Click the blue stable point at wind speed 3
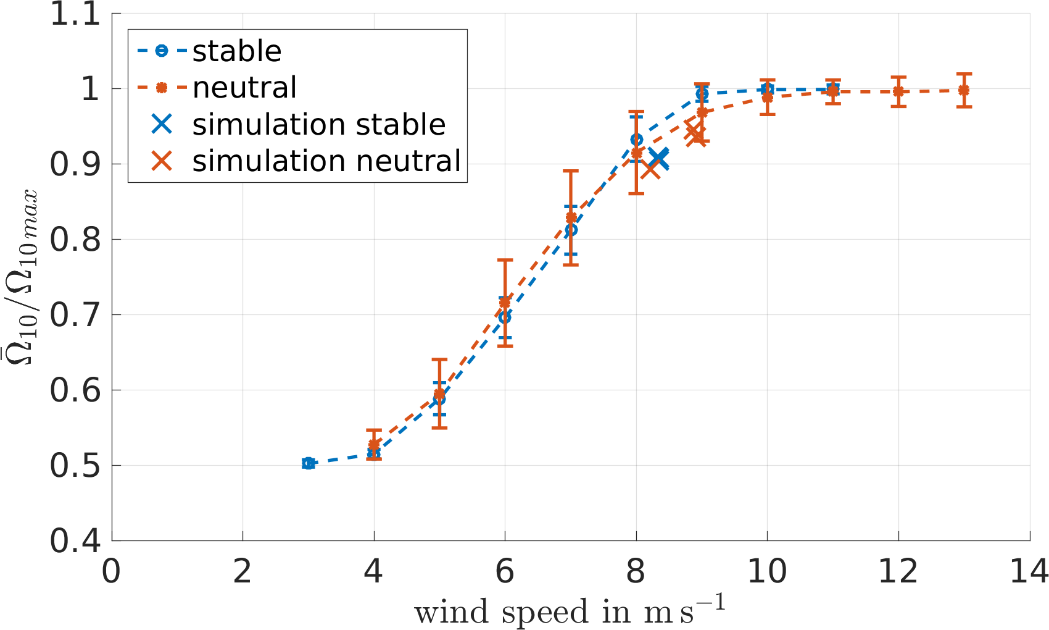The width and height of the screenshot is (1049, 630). (309, 463)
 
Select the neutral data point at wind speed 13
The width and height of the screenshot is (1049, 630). (964, 90)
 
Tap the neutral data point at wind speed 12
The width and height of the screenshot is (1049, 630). (898, 91)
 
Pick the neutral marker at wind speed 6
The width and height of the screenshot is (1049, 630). (505, 302)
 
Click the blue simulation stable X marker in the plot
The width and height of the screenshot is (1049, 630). (659, 159)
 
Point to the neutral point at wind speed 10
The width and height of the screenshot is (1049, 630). (767, 97)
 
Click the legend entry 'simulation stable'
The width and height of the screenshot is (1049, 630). (318, 125)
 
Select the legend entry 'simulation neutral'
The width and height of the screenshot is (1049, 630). (326, 161)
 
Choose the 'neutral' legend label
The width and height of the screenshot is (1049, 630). (244, 88)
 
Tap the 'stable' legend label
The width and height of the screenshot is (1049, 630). (237, 51)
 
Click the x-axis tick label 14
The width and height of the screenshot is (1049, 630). (1029, 571)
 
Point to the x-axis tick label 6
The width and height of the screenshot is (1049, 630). (505, 571)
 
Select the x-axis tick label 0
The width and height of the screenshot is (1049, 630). (112, 571)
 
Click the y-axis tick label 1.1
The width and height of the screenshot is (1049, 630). (75, 14)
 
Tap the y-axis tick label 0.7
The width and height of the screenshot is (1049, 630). (75, 315)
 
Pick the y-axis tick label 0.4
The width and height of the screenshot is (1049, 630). (75, 540)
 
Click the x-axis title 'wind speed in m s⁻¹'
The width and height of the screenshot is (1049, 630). (569, 611)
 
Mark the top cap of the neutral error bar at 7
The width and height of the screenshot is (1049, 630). (571, 171)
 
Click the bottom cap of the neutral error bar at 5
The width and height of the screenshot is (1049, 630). (439, 427)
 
